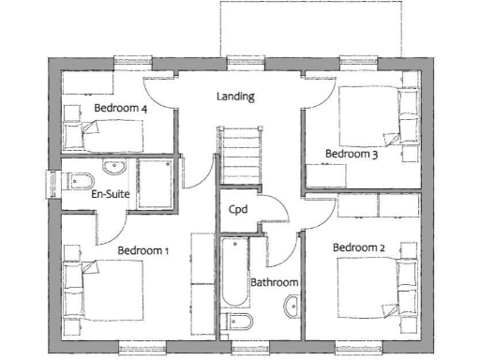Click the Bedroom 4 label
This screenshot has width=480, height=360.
[121, 109]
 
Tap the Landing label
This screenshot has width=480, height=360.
[235, 97]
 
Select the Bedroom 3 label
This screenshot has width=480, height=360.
[352, 154]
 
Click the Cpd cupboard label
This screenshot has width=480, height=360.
[238, 210]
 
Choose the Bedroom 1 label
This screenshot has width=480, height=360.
[143, 250]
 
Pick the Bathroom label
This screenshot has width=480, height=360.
[274, 282]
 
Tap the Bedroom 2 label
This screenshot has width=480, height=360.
[360, 247]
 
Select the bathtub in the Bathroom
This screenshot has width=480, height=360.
[234, 275]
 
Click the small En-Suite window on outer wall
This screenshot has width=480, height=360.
[54, 183]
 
